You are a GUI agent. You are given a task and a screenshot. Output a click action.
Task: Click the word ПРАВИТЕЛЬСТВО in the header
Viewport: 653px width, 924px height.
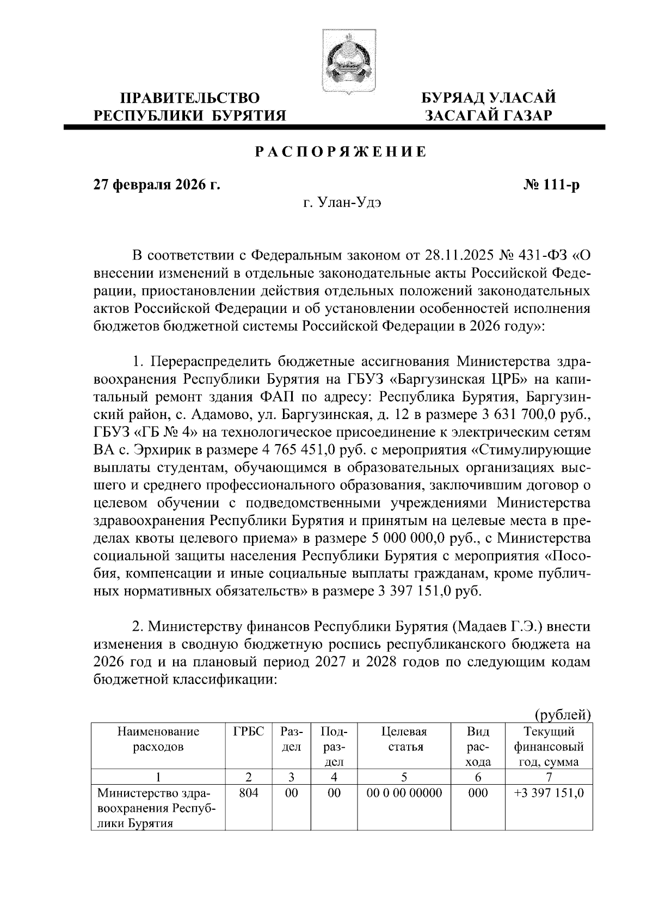point(190,98)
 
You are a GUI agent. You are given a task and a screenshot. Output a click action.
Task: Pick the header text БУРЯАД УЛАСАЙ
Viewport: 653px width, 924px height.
point(490,98)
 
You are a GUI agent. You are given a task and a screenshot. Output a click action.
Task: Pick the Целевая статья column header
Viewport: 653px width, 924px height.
point(404,739)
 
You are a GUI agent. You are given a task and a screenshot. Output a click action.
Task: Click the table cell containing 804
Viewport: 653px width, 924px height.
point(248,793)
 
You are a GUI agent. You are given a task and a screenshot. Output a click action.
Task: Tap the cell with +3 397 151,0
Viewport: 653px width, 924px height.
point(549,793)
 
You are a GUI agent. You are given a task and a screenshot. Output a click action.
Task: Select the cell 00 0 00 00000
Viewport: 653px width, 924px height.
point(404,793)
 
